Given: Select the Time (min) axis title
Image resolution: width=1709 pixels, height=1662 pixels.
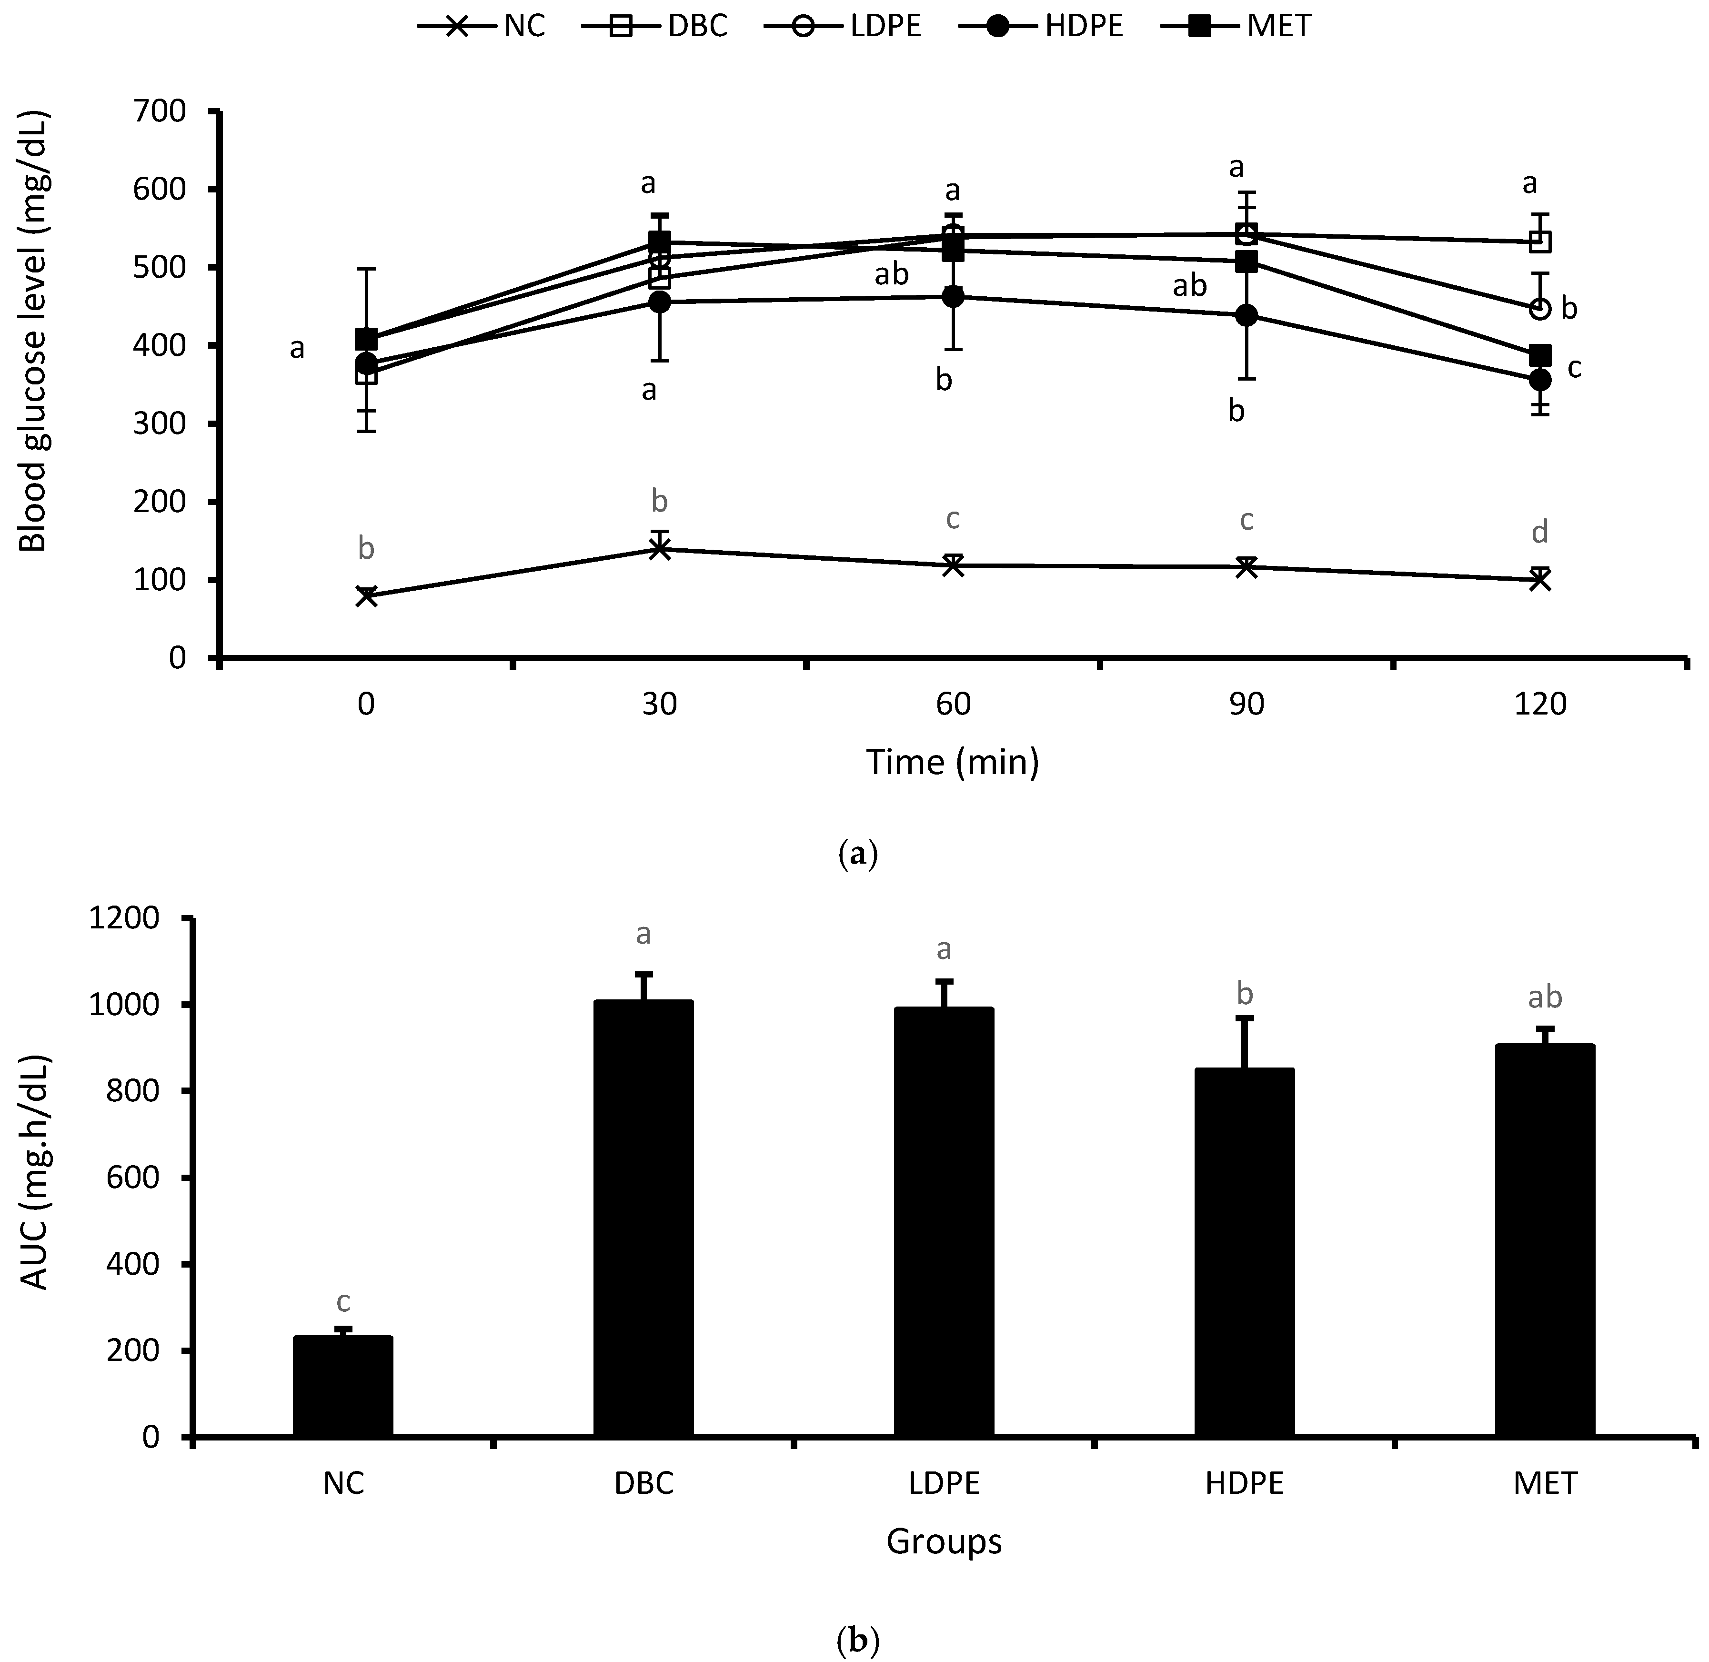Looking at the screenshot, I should click(952, 762).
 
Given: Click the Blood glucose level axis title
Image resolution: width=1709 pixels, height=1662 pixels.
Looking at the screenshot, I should click(33, 332).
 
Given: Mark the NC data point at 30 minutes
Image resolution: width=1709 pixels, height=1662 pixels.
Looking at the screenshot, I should click(660, 548).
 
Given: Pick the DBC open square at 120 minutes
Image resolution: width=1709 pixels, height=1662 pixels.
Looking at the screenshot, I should click(1540, 241).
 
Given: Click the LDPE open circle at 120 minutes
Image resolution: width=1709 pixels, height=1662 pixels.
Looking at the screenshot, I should click(1540, 308).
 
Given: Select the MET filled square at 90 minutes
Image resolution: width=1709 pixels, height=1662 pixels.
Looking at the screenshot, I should click(1247, 261).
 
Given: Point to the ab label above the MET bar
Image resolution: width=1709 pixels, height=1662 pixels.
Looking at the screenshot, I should click(1545, 997).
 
